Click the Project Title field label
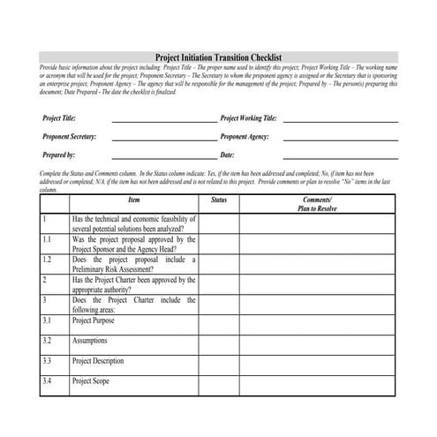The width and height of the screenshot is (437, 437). [x=59, y=117]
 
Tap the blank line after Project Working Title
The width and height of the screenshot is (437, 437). [x=340, y=119]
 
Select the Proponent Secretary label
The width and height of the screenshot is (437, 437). [x=70, y=137]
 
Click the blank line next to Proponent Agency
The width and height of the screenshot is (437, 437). [x=340, y=139]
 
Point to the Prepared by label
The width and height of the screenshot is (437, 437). [x=59, y=155]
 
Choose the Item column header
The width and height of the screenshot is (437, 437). [x=133, y=200]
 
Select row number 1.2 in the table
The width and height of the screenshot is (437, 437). [x=47, y=260]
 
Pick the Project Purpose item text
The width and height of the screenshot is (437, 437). [x=94, y=321]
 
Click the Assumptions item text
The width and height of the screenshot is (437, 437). [x=92, y=341]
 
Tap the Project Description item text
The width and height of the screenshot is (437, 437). [x=98, y=361]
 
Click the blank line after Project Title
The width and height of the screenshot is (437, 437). [x=163, y=119]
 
